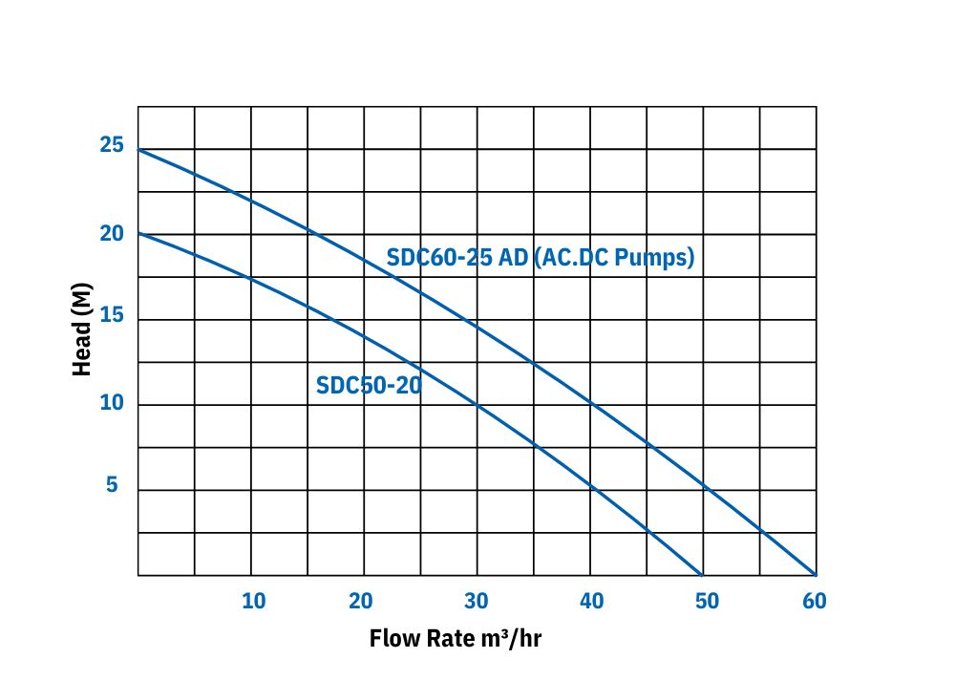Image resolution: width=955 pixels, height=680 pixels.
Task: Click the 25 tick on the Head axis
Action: [x=112, y=146]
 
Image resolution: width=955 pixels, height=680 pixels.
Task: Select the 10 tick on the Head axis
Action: [x=112, y=403]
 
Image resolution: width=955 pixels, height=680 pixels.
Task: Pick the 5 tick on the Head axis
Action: [x=112, y=486]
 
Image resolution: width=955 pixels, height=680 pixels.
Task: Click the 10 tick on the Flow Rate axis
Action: [x=253, y=601]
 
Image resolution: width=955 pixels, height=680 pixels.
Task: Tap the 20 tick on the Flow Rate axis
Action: [x=360, y=601]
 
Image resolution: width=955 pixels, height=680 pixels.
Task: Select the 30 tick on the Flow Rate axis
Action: [x=476, y=601]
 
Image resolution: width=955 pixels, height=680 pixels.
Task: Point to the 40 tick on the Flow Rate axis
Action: [x=591, y=601]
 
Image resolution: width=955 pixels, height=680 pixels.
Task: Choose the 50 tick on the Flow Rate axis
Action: [x=706, y=601]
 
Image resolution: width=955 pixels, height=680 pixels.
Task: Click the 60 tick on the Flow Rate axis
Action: [x=814, y=601]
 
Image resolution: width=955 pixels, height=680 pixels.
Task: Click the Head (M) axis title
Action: [x=83, y=328]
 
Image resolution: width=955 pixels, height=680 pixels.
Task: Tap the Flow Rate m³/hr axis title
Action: [x=455, y=638]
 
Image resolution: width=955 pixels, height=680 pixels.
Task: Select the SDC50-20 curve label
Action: [x=369, y=386]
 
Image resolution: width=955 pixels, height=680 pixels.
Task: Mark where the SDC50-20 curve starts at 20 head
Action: [x=138, y=233]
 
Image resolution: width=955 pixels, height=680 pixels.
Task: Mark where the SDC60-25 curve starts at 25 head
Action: [x=138, y=150]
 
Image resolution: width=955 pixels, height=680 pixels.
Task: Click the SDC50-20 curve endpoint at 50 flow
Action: [x=703, y=575]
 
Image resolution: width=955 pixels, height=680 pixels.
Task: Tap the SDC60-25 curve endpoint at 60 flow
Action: [x=816, y=575]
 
